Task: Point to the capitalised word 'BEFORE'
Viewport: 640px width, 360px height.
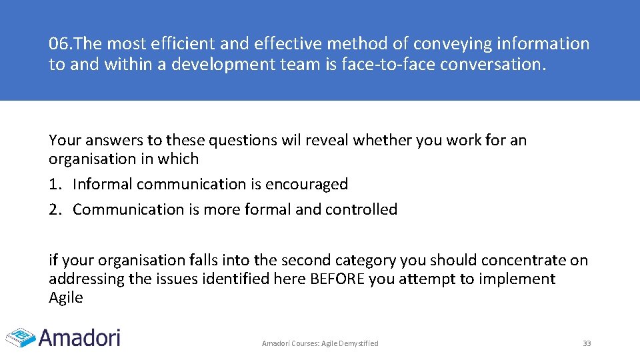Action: click(337, 279)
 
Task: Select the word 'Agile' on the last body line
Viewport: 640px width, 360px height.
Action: click(65, 298)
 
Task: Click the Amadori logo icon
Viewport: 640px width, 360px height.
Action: click(21, 337)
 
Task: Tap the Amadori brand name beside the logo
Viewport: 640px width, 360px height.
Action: click(79, 337)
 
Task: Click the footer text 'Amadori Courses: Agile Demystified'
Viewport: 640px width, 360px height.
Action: click(320, 343)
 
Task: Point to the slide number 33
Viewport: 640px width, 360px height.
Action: click(587, 343)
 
